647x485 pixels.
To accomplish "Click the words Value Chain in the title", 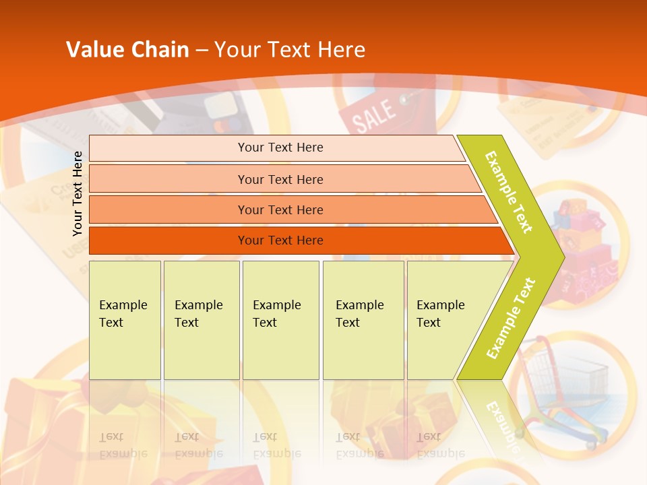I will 127,50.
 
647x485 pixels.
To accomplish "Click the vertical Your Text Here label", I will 78,193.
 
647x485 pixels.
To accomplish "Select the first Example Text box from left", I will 125,319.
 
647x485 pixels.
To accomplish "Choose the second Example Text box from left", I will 201,319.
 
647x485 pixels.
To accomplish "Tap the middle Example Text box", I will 280,319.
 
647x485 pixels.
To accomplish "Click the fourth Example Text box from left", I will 363,319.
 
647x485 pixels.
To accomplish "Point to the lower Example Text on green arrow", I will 511,318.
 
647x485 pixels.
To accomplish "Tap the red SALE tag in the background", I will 375,115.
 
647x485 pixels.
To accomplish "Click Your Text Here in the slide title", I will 290,50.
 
